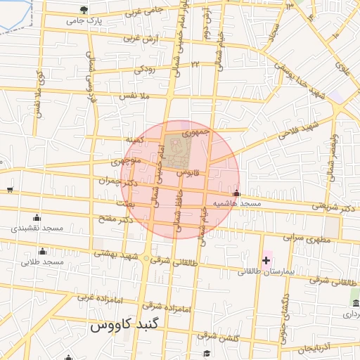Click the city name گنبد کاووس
pos(126,327)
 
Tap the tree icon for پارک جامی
pos(84,10)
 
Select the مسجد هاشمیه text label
pos(240,203)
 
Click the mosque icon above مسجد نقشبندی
pos(37,217)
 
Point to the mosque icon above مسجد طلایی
pos(42,251)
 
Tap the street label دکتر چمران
pos(116,182)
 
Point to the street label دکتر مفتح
pos(116,220)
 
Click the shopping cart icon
pos(9,188)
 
